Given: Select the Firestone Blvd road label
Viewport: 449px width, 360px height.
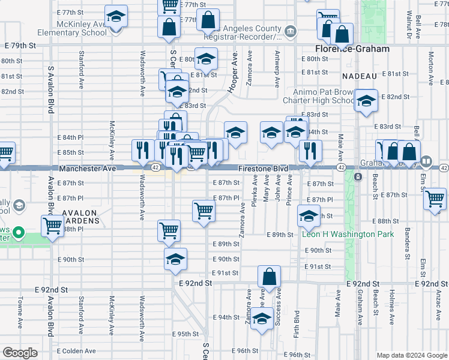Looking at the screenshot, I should (x=264, y=169).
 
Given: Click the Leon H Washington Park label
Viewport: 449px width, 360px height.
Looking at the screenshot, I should (x=348, y=234).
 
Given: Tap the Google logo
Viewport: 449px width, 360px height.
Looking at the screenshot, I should (x=20, y=353).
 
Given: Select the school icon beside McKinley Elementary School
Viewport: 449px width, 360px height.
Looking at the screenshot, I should (x=116, y=16).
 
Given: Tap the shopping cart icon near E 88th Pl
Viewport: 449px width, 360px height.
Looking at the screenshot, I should (x=53, y=226).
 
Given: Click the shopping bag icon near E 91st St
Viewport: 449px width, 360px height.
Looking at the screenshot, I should (x=270, y=277).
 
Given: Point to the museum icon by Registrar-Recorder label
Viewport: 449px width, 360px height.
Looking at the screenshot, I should (x=291, y=31).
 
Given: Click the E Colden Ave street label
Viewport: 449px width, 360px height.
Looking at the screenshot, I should (x=76, y=351).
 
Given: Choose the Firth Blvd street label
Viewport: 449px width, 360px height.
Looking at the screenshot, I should (x=297, y=324).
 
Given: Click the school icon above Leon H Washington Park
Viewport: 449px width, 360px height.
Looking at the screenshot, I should (x=309, y=217).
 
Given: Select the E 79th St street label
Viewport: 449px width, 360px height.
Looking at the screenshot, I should (x=20, y=45).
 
